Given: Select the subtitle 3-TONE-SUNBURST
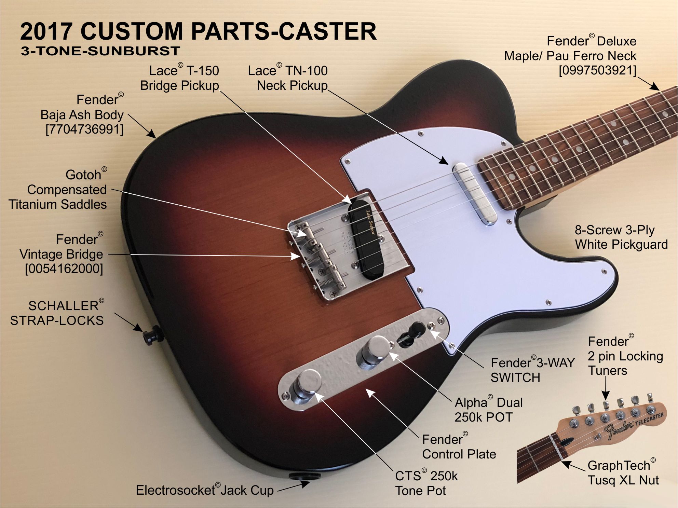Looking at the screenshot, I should [x=100, y=51].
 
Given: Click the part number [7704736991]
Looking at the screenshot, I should [x=84, y=130].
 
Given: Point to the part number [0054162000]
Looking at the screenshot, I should [x=64, y=269].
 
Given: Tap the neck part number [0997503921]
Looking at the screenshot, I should [x=597, y=70].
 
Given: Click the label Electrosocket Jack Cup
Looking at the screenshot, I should [x=205, y=490].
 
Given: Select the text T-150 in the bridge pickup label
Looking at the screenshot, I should [x=203, y=71].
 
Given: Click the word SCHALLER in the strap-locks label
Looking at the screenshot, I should [x=64, y=306].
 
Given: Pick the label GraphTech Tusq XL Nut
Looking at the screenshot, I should [x=623, y=472].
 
